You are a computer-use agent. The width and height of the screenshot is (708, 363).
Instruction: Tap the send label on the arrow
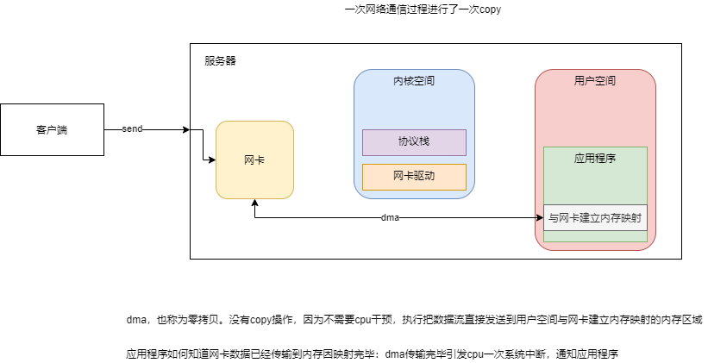tap(132, 129)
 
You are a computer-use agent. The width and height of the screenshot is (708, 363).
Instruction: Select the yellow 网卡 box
tap(254, 160)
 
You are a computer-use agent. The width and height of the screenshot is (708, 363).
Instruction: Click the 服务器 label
tap(220, 61)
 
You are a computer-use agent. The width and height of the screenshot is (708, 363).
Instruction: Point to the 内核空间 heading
tap(414, 81)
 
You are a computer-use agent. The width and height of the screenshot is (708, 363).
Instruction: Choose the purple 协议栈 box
tap(414, 141)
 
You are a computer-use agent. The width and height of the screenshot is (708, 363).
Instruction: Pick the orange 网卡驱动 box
tap(414, 177)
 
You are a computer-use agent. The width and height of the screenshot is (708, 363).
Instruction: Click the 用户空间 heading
tap(595, 81)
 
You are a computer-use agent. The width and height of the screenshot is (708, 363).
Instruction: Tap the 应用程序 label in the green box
tap(595, 160)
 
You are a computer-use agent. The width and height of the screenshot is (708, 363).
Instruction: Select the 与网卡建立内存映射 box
tap(595, 217)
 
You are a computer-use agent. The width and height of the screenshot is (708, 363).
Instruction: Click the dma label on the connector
tap(390, 218)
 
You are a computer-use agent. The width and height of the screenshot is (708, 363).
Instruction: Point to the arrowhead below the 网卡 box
tap(254, 203)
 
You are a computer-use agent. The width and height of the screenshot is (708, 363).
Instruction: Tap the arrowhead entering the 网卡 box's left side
tap(210, 160)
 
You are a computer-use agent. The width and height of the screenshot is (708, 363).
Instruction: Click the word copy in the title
tap(487, 9)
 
